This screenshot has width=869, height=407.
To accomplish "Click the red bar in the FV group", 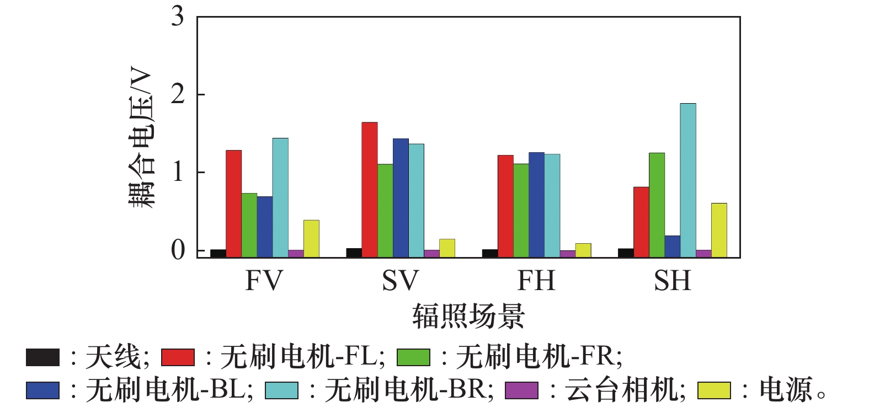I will coord(233,203).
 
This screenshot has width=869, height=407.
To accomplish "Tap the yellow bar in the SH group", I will coord(718,230).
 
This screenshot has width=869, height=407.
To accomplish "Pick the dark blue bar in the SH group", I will coord(672,247).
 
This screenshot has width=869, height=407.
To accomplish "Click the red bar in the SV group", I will coord(370,190).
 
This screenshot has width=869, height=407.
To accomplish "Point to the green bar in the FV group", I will coord(249,225).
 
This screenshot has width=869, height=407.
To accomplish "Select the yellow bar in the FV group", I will coord(311,239).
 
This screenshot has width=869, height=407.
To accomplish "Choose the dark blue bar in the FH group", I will coord(536,205).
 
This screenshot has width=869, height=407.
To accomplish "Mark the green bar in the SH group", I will coord(657,205).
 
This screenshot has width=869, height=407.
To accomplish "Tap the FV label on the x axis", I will coord(264,281).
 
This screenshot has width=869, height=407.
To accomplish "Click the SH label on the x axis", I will coord(672,281).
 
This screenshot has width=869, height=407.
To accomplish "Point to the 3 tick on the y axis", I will coord(178,17).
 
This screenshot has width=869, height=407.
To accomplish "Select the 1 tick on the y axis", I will coord(178,173).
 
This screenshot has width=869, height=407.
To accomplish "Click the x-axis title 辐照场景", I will coord(468,316).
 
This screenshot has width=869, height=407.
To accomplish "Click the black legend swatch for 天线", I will coord(42,357).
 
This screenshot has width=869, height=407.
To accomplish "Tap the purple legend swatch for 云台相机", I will coord(521,390).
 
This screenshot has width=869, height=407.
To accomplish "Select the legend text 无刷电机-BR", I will coord(409,390).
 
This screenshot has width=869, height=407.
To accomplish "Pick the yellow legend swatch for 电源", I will coord(714,390).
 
